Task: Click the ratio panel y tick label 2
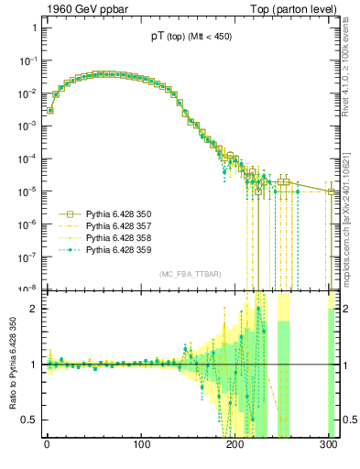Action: coord(34,309)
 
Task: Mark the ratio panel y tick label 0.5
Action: coord(29,420)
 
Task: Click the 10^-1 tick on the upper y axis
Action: coord(27,60)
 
